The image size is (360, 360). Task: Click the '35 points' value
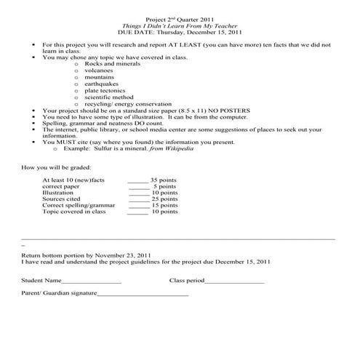164,179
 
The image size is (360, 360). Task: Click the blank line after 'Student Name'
92,281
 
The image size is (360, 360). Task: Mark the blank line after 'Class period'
234,281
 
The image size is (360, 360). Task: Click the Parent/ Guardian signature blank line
143,295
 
